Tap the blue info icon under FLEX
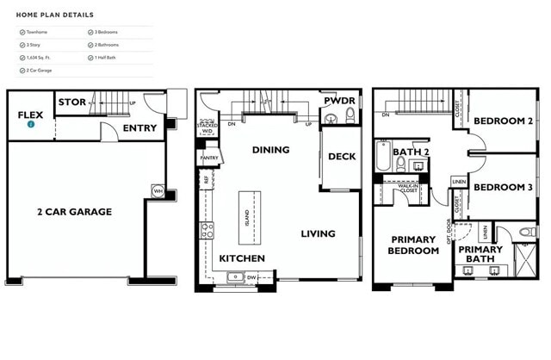(x=31, y=124)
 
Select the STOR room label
(x=71, y=102)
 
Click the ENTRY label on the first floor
(x=139, y=128)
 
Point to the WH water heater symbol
(x=158, y=190)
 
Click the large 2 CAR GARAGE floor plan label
(x=74, y=211)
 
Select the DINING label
(x=270, y=150)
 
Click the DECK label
(x=342, y=157)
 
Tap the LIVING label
(x=318, y=233)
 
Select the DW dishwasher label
(x=251, y=277)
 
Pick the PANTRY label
(x=209, y=158)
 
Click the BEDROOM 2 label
(x=503, y=121)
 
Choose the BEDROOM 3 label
(x=503, y=187)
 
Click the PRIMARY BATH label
(x=480, y=254)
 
